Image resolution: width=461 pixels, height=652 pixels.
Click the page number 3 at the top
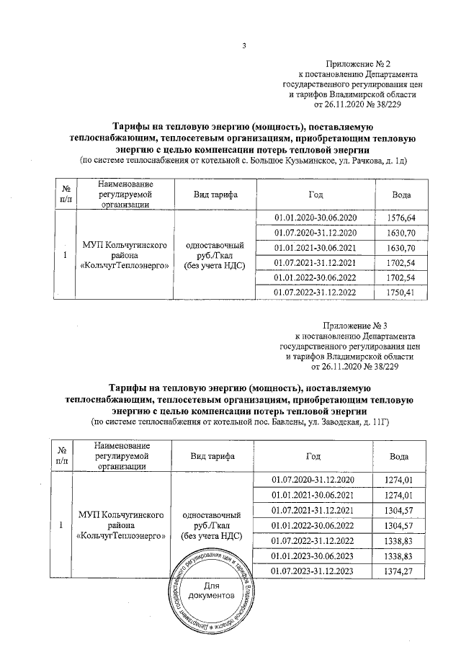[244, 47]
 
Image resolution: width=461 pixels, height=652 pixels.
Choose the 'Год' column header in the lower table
[313, 457]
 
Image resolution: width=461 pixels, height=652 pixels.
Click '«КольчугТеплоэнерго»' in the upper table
[127, 265]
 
